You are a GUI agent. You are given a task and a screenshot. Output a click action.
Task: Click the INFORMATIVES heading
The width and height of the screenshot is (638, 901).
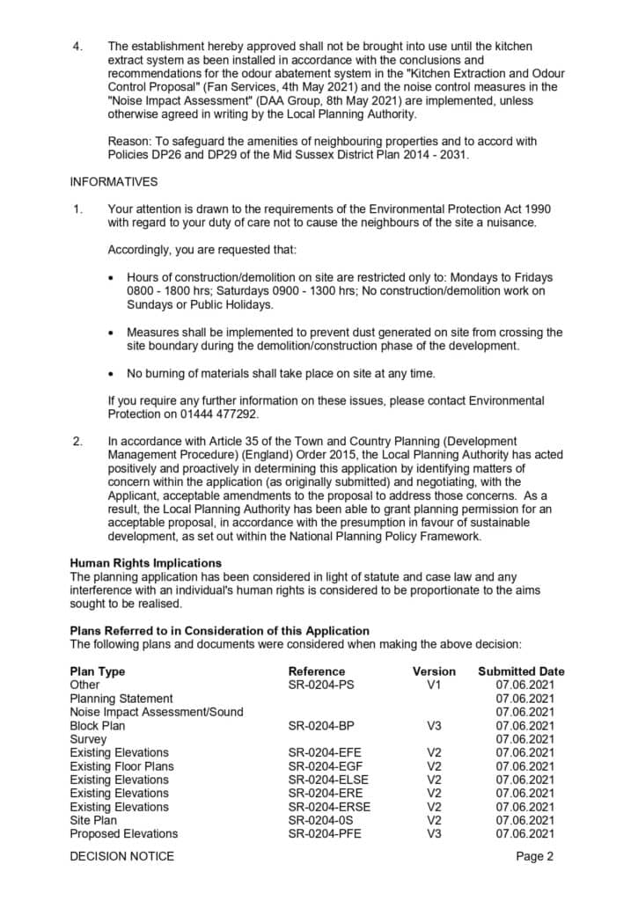click(x=114, y=182)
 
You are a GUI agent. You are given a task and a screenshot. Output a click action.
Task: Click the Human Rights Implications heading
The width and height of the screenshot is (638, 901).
click(x=146, y=563)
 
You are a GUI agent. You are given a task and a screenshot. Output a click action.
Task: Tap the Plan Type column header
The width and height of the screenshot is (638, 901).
click(x=98, y=671)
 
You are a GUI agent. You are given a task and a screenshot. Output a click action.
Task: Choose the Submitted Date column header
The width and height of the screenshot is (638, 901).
click(x=521, y=671)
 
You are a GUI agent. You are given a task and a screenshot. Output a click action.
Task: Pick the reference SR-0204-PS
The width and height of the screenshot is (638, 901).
click(x=321, y=685)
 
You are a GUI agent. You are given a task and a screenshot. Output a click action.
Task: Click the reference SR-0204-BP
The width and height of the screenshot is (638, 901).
click(x=321, y=726)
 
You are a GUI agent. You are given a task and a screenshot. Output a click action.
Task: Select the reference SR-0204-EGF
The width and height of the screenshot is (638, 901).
click(x=325, y=766)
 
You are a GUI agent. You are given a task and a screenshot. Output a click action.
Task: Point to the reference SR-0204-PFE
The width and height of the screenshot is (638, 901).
click(x=324, y=834)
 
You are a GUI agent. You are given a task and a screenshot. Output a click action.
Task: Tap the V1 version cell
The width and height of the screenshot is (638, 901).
click(x=434, y=685)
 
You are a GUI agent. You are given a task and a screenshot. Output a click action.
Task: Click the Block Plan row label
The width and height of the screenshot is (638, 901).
click(x=98, y=726)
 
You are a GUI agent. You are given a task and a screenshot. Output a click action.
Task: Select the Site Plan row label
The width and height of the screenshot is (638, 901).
click(x=93, y=820)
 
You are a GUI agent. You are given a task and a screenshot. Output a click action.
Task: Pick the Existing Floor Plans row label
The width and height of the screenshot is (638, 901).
click(x=121, y=766)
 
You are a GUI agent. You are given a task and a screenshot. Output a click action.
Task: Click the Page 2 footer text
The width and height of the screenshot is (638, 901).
click(x=534, y=856)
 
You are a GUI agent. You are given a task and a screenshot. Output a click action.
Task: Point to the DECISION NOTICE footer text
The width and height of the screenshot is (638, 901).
click(x=122, y=856)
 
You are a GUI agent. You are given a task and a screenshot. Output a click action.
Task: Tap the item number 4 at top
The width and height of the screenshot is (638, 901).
click(x=77, y=46)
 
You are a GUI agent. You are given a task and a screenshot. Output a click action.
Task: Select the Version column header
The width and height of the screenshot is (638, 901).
click(x=434, y=671)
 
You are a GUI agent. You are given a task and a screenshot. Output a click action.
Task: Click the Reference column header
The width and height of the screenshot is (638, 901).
click(x=315, y=671)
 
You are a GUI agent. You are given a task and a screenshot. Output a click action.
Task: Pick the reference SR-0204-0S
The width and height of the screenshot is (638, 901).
click(x=320, y=820)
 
